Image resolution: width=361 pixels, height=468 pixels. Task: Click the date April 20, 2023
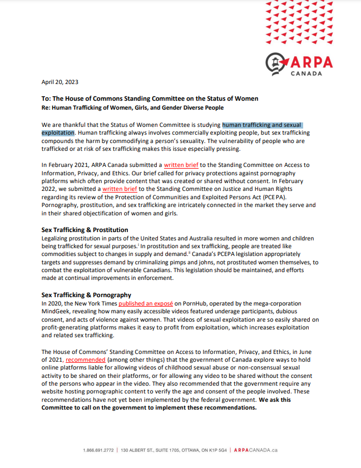tap(60, 82)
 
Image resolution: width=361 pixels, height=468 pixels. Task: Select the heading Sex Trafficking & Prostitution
tap(85, 230)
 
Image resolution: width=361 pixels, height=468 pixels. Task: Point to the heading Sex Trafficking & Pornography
tap(86, 295)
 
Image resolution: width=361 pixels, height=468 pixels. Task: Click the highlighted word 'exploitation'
tap(58, 134)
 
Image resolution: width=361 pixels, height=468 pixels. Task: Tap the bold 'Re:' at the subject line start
tap(46, 107)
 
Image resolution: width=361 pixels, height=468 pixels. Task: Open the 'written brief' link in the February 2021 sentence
tap(181, 165)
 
